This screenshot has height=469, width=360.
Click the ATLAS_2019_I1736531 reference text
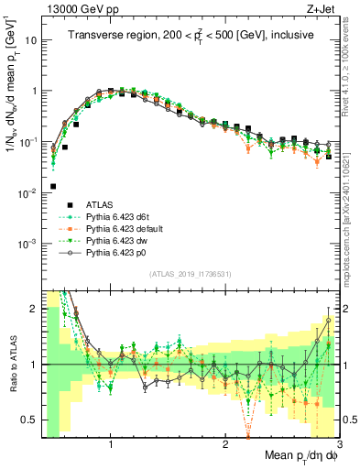coord(190,273)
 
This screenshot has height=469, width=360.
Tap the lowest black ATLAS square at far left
coord(53,186)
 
